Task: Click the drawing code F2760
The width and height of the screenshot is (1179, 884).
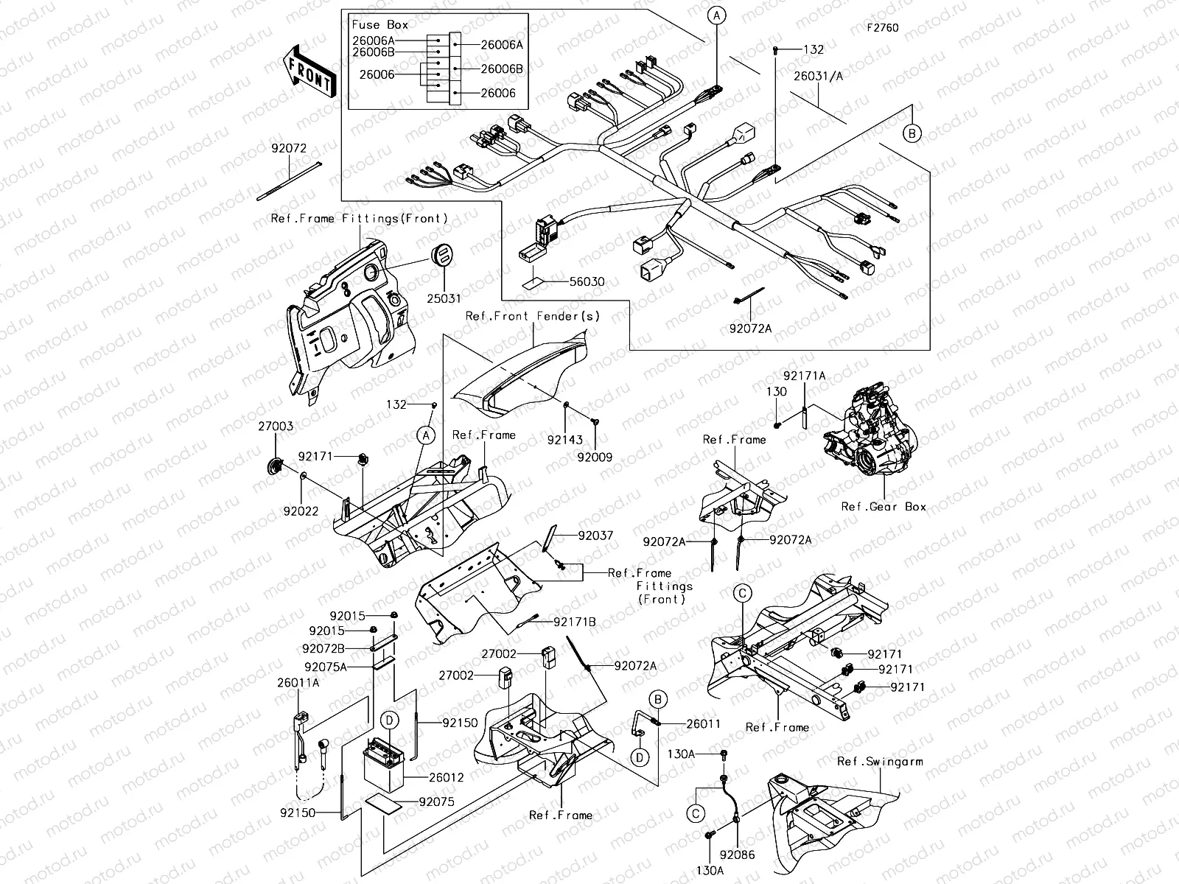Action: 882,28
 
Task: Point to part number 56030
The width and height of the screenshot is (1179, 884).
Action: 587,282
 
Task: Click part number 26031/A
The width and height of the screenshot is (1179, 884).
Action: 819,75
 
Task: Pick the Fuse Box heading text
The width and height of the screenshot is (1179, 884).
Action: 379,24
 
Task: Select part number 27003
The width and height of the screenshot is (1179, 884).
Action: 276,427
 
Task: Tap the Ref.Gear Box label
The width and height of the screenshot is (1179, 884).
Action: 884,507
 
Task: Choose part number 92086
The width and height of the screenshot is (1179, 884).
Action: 738,855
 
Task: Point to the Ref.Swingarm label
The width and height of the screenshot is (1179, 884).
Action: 879,762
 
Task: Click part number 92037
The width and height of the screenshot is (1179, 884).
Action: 595,536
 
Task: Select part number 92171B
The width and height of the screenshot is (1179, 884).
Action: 575,622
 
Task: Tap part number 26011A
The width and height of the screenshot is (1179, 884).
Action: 298,683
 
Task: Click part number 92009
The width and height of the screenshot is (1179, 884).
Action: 595,457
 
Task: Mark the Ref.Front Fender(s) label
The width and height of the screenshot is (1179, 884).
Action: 533,316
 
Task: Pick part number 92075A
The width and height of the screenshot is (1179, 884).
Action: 325,667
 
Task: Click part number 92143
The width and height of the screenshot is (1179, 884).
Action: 564,440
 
